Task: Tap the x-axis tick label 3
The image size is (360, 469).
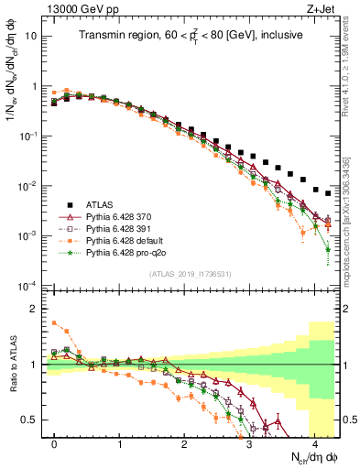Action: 249,442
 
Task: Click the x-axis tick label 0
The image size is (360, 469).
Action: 55,442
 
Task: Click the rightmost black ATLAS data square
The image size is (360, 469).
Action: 327,193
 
